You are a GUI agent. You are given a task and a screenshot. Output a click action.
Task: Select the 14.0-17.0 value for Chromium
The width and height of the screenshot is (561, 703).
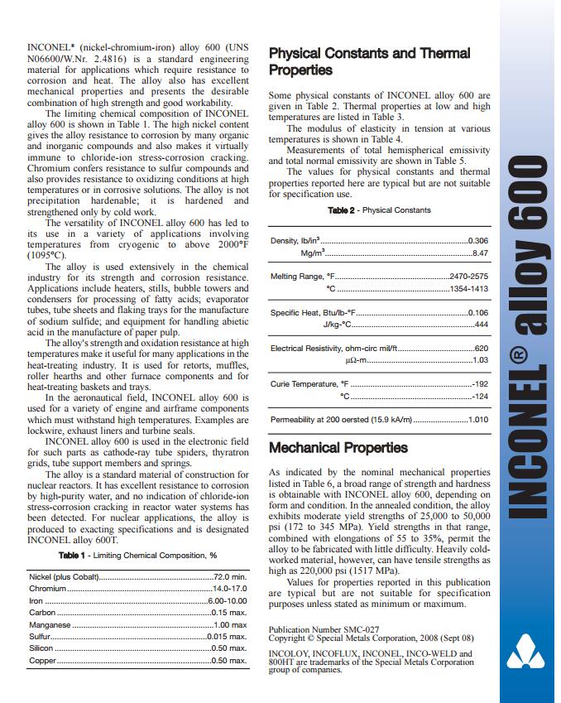coord(230,588)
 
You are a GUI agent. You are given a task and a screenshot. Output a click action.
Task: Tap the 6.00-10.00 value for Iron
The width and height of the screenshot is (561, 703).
coord(228,600)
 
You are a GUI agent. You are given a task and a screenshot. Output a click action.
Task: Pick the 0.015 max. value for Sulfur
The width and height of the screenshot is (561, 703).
coord(228,637)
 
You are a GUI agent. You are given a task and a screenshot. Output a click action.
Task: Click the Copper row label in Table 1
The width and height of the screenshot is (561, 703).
coord(43,661)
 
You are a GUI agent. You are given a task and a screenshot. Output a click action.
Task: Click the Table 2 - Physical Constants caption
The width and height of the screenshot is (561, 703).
coord(379,210)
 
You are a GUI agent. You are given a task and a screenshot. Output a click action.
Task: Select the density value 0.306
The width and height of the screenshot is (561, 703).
coord(477,239)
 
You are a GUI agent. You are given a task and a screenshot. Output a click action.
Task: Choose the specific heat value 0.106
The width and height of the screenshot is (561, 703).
coord(477,312)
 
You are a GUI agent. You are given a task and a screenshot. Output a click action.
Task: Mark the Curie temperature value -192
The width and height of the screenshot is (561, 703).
coord(479,384)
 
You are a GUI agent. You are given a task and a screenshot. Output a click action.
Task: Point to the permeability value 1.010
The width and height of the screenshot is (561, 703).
coord(477,420)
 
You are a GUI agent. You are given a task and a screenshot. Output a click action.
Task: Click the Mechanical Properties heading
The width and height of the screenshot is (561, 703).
coord(338,448)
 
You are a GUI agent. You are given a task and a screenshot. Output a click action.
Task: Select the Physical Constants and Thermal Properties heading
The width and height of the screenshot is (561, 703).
coord(369,61)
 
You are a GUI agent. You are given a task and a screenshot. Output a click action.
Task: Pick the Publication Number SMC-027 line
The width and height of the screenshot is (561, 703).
coord(324,629)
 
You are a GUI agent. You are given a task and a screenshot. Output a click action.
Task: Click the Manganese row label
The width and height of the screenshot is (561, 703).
coord(50,624)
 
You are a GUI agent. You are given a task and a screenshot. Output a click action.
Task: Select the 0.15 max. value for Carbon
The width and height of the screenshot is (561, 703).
coord(229,612)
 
